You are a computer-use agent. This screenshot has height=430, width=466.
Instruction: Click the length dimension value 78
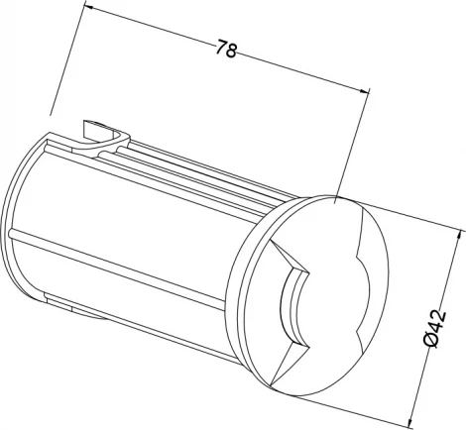(227, 49)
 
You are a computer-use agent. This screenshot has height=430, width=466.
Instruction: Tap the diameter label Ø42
(435, 328)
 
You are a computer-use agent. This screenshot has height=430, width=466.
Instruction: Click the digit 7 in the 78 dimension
(222, 47)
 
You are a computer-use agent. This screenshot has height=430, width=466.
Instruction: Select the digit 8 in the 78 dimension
(232, 51)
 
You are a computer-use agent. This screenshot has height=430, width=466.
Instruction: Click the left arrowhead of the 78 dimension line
(92, 8)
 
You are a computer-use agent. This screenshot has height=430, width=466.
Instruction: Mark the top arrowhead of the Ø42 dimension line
(458, 238)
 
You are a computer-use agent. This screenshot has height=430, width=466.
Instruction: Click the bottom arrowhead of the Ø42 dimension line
(411, 420)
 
